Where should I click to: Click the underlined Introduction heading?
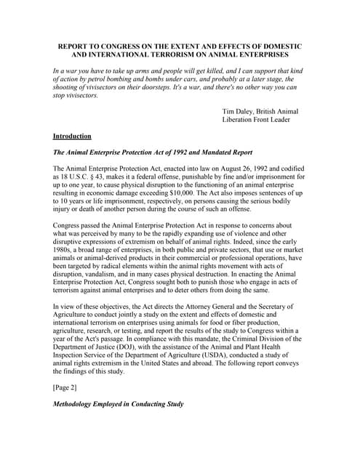click(x=72, y=136)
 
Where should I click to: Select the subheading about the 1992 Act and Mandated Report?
click(x=152, y=153)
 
